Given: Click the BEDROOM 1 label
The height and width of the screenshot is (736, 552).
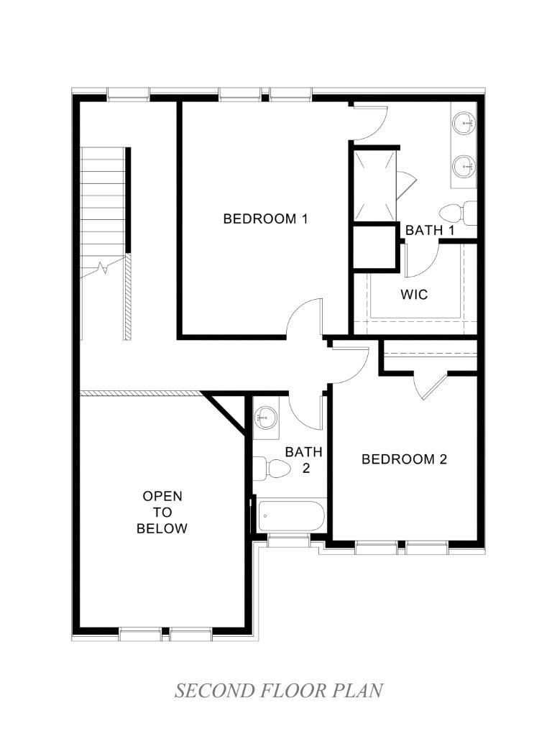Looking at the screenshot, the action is [x=265, y=218].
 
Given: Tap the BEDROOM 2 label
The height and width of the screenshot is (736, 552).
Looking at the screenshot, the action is [x=404, y=459].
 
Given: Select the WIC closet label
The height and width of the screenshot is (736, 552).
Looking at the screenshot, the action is [x=414, y=294].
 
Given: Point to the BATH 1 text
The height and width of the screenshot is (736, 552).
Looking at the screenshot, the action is [x=430, y=230].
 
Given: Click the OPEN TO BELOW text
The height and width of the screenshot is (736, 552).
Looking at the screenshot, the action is [x=162, y=512].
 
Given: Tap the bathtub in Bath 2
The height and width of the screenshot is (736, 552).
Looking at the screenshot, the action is [x=290, y=516].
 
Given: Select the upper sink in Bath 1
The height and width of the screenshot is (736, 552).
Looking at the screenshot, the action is [x=464, y=124].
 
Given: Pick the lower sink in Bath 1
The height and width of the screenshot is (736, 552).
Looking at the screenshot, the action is [x=464, y=167].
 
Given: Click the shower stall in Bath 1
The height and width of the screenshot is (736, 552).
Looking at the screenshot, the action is [x=374, y=186].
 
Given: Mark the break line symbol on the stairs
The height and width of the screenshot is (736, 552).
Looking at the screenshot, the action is [x=103, y=269].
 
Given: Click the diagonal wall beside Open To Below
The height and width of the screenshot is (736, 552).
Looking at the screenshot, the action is [x=226, y=413].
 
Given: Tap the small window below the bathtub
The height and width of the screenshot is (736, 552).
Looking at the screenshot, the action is [x=287, y=540].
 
